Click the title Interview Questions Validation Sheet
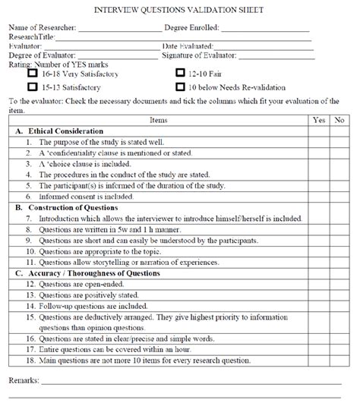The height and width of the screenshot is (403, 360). [x=179, y=10]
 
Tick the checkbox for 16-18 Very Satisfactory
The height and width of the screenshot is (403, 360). [x=32, y=74]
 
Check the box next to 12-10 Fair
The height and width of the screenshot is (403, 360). [x=180, y=74]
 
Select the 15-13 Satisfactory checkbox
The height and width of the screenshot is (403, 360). [x=32, y=87]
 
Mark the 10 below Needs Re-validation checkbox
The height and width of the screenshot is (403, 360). [x=180, y=87]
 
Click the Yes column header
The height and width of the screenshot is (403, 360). [x=320, y=120]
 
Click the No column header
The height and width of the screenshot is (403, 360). [x=339, y=120]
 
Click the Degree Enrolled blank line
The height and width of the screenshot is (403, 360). [x=266, y=27]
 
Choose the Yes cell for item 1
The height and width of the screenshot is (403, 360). [x=320, y=142]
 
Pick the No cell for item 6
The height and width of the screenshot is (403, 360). [x=339, y=196]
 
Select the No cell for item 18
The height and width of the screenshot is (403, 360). [x=339, y=360]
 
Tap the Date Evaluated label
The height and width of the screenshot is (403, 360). [x=189, y=46]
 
